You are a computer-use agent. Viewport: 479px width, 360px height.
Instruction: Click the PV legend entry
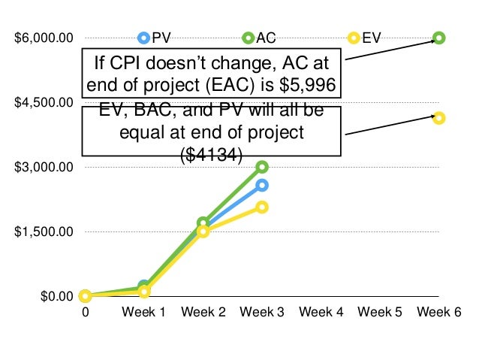[154, 38]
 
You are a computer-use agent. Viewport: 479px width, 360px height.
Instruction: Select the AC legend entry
[259, 38]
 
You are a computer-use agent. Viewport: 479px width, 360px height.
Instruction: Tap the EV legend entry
[365, 38]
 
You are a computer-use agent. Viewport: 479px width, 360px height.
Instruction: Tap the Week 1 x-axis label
[143, 313]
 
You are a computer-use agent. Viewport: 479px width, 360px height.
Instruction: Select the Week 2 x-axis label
[203, 313]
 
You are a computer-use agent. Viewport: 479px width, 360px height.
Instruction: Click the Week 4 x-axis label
[321, 313]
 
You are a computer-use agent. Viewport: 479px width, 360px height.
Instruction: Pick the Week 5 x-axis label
[380, 313]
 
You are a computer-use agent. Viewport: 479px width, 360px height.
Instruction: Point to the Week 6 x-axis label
[438, 313]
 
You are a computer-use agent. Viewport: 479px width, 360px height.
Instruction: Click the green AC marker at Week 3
[262, 167]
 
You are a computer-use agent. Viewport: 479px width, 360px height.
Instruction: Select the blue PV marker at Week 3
[262, 185]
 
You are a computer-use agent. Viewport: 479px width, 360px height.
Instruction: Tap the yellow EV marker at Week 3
[262, 207]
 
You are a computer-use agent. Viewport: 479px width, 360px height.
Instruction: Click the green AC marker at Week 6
[439, 38]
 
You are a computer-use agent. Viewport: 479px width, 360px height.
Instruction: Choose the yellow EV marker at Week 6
[439, 118]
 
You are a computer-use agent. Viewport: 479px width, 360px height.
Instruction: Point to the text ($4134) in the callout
[212, 155]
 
